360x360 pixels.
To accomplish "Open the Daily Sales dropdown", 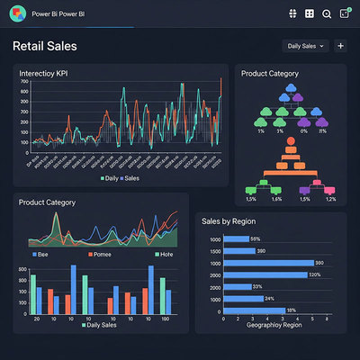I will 304,46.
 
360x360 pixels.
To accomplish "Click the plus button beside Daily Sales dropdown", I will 340,46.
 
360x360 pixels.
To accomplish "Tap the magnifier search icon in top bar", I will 326,13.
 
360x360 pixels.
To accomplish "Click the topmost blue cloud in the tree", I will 291,89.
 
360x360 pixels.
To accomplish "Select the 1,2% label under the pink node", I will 330,199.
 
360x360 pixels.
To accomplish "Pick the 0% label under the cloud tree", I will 304,131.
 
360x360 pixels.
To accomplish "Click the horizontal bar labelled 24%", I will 243,298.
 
